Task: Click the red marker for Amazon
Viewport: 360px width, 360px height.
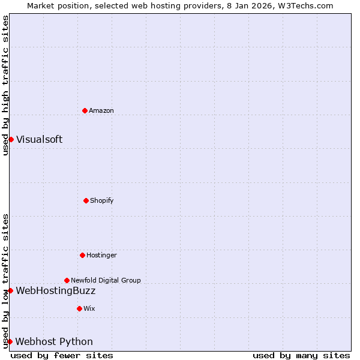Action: (85, 110)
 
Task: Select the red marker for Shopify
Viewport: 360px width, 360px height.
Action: (86, 200)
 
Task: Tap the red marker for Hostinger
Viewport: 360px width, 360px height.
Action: (82, 255)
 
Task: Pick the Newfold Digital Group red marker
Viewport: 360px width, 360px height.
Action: (67, 280)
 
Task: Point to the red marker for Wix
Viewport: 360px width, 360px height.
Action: (79, 308)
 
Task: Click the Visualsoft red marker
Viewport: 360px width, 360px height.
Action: (11, 139)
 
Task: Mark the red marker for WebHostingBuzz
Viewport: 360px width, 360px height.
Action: (10, 290)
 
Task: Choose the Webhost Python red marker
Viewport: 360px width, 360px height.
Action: (10, 341)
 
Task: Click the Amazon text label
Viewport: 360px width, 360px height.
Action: (101, 110)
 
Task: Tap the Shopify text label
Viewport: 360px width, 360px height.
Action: (102, 200)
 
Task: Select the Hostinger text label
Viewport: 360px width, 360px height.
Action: (101, 255)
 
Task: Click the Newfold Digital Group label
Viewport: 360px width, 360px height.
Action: (106, 280)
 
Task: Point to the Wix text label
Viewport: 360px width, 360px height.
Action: (89, 308)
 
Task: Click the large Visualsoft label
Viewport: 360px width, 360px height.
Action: (39, 139)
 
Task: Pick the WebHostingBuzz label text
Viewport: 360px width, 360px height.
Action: (55, 290)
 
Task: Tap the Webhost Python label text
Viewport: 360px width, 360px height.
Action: (54, 341)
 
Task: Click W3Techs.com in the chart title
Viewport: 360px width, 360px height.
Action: (307, 5)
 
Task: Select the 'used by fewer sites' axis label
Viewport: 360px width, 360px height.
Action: (62, 355)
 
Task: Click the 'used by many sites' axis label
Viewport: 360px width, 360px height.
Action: (301, 355)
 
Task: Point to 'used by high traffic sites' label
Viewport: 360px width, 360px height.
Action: (5, 85)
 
